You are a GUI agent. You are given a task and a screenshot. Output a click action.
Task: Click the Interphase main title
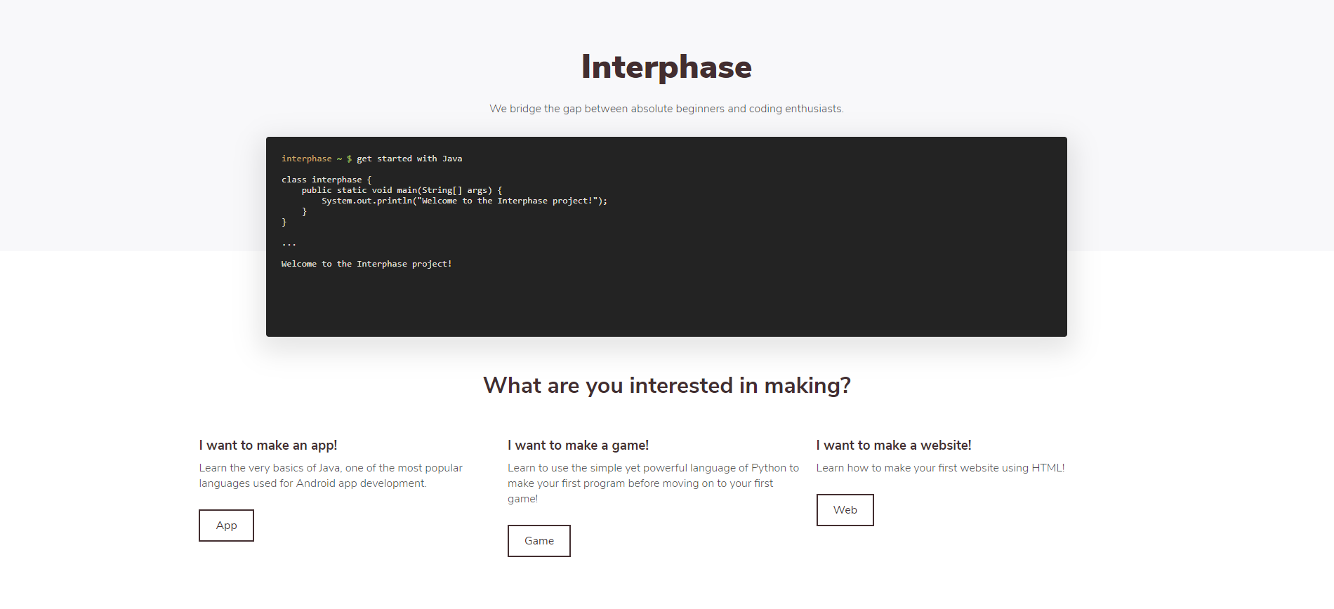coord(666,67)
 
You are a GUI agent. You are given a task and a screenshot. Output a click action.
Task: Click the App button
coord(226,526)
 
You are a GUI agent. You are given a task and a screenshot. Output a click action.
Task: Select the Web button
coord(845,510)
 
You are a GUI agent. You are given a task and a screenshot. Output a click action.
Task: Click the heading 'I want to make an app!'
coord(268,446)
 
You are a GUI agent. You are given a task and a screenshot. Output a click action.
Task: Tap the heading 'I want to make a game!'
coord(578,446)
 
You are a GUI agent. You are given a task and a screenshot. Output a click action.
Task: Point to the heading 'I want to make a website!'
coord(893,446)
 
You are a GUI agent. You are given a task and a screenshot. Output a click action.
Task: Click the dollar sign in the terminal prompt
coord(349,159)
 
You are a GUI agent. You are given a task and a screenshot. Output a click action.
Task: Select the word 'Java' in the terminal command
coord(451,159)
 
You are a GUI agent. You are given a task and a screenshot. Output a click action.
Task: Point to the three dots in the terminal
coord(289,243)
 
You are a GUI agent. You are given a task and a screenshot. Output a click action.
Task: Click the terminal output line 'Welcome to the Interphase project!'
coord(366,264)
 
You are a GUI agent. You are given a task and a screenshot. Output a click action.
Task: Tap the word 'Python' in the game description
coord(768,468)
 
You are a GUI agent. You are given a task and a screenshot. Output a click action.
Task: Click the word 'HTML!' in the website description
coord(1048,468)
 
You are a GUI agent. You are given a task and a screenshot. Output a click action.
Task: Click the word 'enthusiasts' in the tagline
coord(813,109)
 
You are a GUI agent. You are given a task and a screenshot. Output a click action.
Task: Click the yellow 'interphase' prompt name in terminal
coord(306,159)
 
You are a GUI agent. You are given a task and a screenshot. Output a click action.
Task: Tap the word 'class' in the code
coord(293,180)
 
